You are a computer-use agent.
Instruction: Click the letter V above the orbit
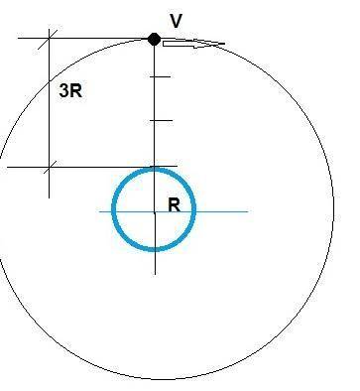click(x=177, y=21)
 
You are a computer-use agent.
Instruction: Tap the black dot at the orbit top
click(x=154, y=40)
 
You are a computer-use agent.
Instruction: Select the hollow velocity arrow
click(x=193, y=44)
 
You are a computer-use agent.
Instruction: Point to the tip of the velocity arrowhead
click(x=225, y=44)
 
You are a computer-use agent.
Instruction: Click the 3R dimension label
click(x=70, y=90)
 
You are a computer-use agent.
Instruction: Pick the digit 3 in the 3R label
click(x=64, y=90)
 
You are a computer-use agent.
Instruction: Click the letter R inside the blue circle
click(x=175, y=205)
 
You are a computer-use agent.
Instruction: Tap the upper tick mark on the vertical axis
click(x=161, y=76)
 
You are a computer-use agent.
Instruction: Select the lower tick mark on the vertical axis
click(x=162, y=120)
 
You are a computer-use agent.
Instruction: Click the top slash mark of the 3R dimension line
click(x=48, y=40)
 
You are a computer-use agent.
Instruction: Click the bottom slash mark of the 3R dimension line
click(x=49, y=168)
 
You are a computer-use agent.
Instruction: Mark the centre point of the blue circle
click(x=155, y=210)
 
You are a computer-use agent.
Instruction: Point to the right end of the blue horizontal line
click(x=248, y=211)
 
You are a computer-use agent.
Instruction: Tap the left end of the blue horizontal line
click(x=100, y=211)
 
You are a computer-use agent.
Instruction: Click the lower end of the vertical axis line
click(x=155, y=274)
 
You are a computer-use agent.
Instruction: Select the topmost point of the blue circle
click(x=154, y=170)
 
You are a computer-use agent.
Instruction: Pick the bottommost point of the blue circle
click(x=154, y=249)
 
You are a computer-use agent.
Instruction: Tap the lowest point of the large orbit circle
click(x=156, y=379)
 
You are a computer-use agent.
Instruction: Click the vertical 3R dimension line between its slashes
click(x=50, y=103)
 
